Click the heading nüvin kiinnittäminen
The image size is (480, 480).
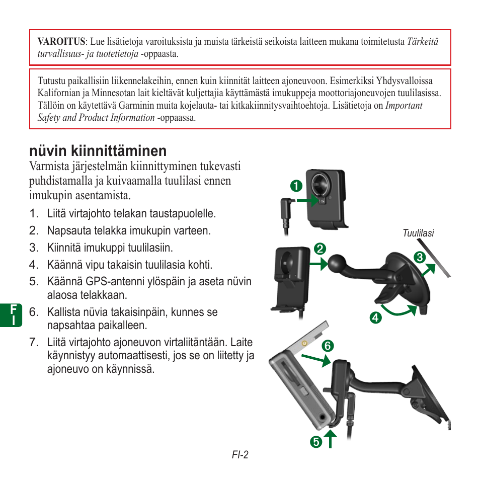(x=98, y=150)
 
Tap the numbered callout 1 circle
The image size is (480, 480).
(x=296, y=185)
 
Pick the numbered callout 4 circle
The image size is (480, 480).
(x=374, y=317)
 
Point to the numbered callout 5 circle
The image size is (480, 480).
(x=315, y=442)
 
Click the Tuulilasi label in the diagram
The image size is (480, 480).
(x=418, y=233)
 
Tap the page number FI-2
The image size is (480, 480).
(x=240, y=455)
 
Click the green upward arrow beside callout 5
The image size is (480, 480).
(x=331, y=440)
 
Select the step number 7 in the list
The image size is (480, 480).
(x=34, y=343)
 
